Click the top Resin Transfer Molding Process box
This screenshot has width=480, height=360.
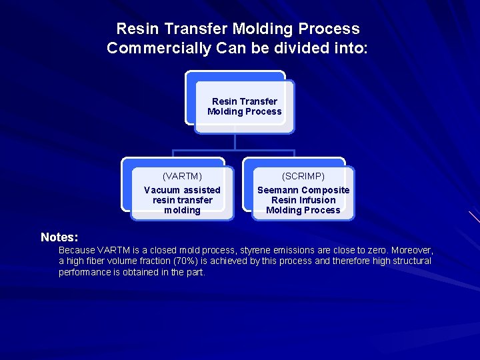(244, 106)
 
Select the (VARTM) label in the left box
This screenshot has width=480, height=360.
(182, 177)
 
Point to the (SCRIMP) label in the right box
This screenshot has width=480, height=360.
(303, 177)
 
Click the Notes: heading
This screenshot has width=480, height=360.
(59, 237)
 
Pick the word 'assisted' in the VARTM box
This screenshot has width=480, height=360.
(201, 190)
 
